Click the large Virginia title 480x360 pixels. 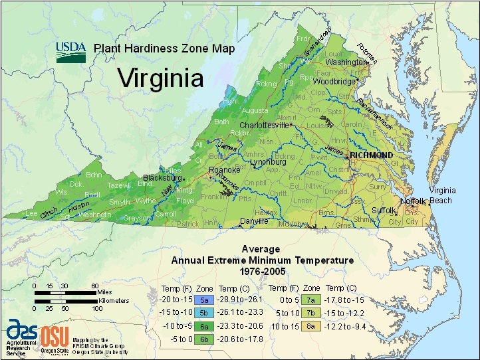tap(160, 78)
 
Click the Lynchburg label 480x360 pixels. tap(268, 162)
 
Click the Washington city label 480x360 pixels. tap(346, 62)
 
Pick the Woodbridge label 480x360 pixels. tap(334, 82)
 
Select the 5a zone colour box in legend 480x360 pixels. tap(204, 300)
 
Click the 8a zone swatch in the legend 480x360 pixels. tap(311, 326)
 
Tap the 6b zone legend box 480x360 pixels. tap(204, 338)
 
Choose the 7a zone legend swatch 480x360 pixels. tap(311, 300)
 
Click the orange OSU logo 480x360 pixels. tap(55, 335)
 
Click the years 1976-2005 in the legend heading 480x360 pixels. tap(261, 272)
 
